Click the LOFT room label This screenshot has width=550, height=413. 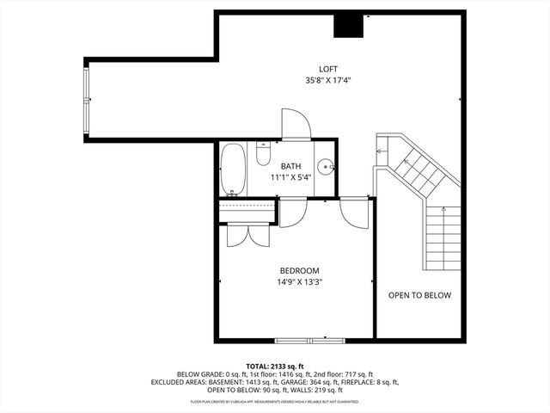click(x=328, y=69)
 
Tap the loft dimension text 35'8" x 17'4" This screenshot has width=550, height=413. click(x=328, y=81)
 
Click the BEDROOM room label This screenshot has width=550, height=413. click(x=298, y=269)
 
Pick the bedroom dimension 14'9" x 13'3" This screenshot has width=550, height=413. click(x=298, y=281)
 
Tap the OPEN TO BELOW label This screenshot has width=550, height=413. click(x=419, y=295)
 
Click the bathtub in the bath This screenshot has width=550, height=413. click(x=232, y=169)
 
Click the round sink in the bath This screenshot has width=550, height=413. click(x=324, y=167)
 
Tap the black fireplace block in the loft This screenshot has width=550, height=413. click(x=349, y=26)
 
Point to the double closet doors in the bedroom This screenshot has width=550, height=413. click(x=247, y=235)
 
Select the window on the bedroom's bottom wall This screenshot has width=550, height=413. click(x=300, y=338)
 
